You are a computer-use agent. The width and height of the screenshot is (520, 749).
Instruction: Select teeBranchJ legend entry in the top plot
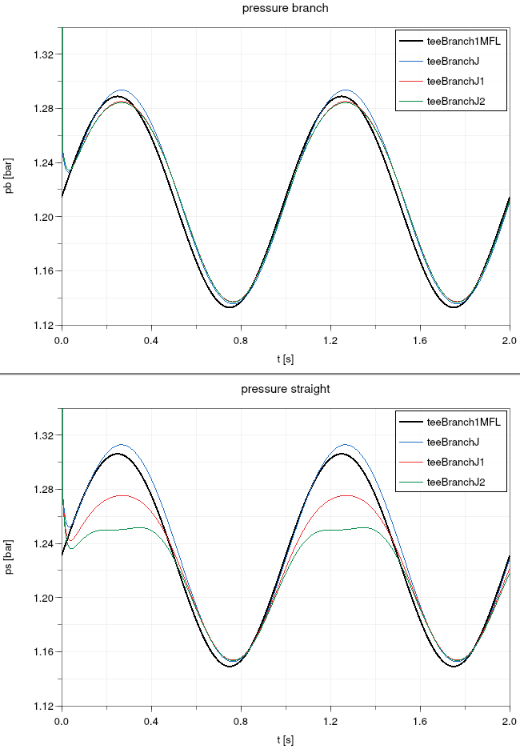click(x=453, y=60)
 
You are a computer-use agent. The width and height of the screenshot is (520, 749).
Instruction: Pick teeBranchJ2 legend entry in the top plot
click(x=456, y=101)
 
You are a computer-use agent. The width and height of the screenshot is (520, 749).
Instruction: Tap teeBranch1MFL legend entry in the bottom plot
click(x=463, y=421)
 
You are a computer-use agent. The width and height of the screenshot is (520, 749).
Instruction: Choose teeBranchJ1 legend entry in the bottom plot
click(x=456, y=462)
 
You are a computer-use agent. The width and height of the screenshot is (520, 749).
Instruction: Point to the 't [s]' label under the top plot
click(x=286, y=359)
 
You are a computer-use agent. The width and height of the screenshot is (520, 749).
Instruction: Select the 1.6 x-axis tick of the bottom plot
click(x=421, y=722)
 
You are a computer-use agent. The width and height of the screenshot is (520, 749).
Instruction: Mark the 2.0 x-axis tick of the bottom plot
click(x=510, y=722)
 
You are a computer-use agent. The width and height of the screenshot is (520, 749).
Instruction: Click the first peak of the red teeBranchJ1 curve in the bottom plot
click(x=122, y=495)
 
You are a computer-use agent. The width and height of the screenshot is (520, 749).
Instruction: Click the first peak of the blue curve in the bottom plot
click(x=122, y=445)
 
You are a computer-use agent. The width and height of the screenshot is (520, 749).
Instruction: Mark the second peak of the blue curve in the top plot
click(x=346, y=90)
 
